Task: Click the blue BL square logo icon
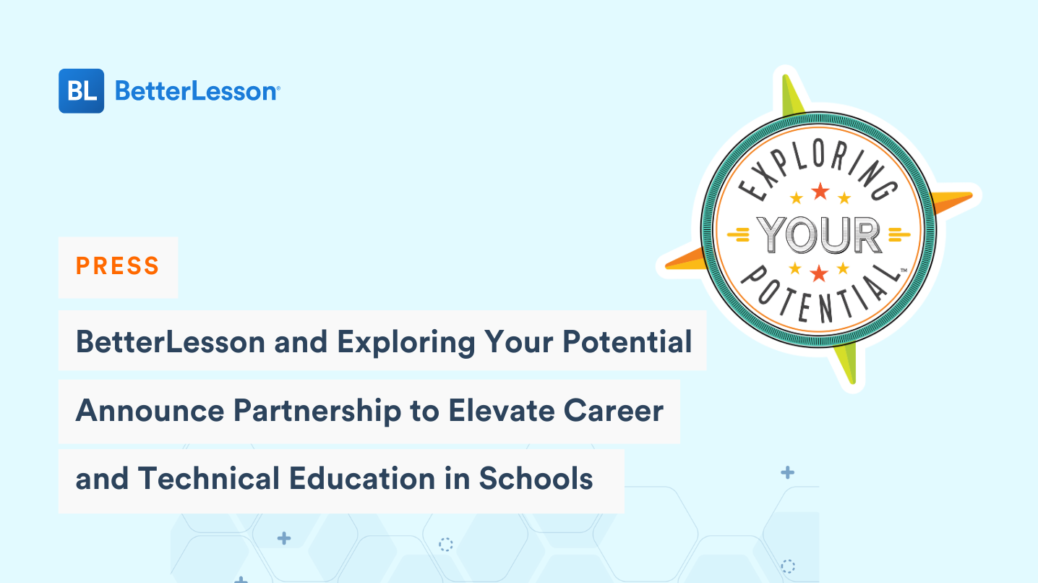pyautogui.click(x=81, y=91)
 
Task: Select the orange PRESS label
pyautogui.click(x=117, y=266)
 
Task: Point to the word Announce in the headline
pyautogui.click(x=149, y=411)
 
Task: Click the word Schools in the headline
pyautogui.click(x=536, y=479)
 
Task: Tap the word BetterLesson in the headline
pyautogui.click(x=171, y=341)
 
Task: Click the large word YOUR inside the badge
pyautogui.click(x=819, y=235)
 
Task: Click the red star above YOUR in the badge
pyautogui.click(x=820, y=192)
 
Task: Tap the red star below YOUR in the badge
pyautogui.click(x=819, y=273)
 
